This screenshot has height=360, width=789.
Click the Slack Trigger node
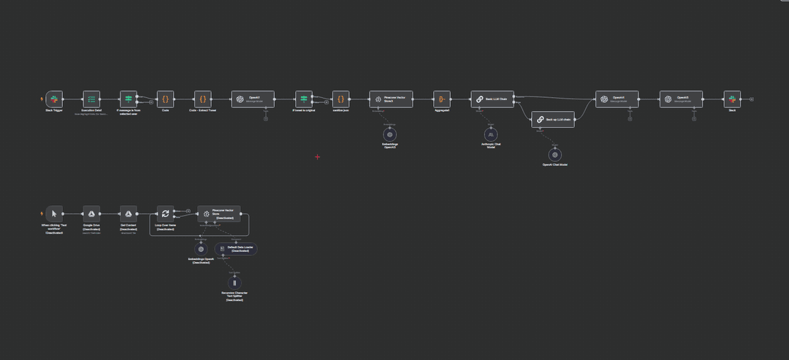54,99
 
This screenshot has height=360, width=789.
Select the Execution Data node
91,99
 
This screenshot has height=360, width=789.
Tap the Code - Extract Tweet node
202,99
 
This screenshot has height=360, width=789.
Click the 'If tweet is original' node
304,99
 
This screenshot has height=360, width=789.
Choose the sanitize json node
341,99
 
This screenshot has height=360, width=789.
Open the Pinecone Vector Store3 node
390,99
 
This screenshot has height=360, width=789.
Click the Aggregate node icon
441,99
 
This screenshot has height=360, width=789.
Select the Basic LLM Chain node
492,99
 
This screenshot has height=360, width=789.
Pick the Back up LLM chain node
552,119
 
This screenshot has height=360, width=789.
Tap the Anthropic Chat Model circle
492,134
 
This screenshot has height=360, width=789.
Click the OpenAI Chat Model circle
555,154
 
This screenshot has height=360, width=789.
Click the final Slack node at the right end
731,99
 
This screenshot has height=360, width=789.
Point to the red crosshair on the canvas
318,156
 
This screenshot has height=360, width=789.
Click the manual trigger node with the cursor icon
54,213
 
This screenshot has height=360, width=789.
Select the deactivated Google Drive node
91,213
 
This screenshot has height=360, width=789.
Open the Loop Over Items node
165,213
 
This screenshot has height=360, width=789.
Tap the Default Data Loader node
235,249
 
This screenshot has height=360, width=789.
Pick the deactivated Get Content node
128,213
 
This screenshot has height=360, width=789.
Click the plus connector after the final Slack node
752,99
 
